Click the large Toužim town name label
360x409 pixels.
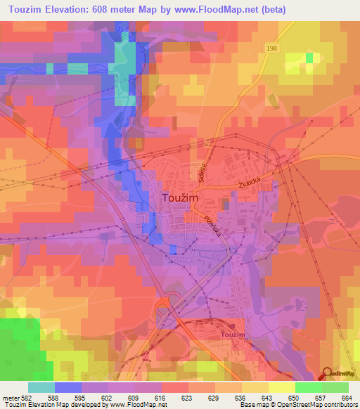click(x=181, y=198)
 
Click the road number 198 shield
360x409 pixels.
click(x=273, y=47)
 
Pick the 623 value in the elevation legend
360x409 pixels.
click(x=186, y=398)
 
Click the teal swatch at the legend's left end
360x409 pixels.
click(x=41, y=387)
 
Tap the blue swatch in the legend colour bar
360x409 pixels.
click(x=68, y=387)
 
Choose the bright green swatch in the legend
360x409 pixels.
click(x=309, y=387)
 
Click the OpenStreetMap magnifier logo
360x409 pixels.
click(x=328, y=375)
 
